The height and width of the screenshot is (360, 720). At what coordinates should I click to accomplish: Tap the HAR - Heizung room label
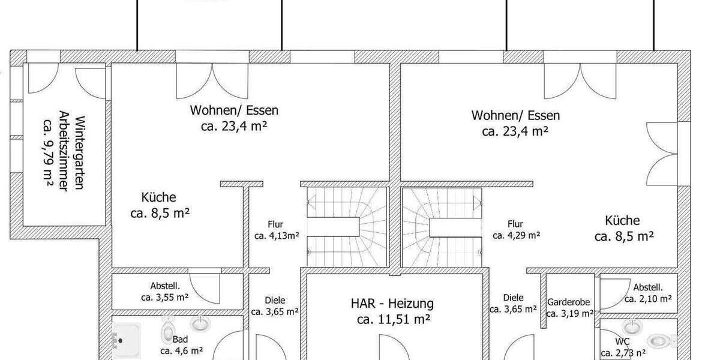[392, 304]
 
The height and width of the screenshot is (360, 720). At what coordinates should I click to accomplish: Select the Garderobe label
[568, 302]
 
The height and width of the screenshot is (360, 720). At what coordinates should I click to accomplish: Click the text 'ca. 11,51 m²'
[394, 319]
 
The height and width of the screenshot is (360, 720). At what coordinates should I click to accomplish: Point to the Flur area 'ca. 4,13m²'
[277, 236]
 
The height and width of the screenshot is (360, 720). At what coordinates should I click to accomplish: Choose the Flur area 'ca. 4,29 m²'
[516, 235]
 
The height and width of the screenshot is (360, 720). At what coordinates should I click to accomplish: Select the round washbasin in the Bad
[200, 323]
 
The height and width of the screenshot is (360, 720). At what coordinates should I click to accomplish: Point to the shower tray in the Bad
[127, 340]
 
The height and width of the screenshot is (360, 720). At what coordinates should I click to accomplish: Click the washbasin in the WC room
[632, 327]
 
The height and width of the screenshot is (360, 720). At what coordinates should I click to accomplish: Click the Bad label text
[180, 339]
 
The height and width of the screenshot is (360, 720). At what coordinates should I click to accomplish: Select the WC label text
[622, 341]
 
